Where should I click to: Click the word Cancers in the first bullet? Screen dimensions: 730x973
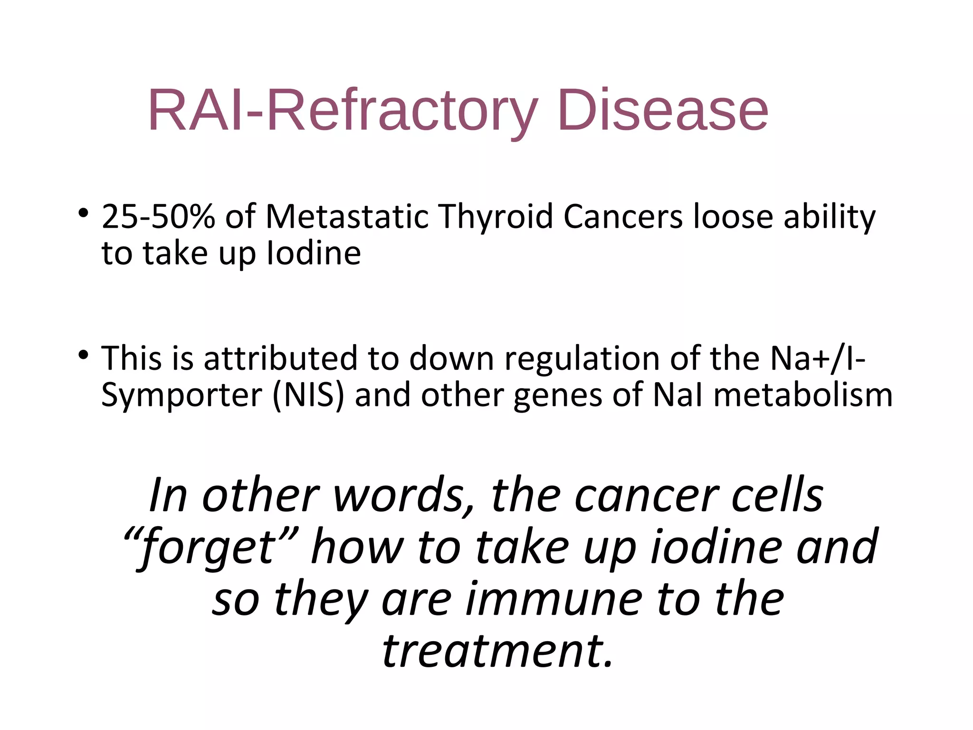pyautogui.click(x=623, y=217)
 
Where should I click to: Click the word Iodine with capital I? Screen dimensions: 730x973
pyautogui.click(x=314, y=253)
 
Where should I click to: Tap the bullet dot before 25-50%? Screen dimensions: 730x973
pyautogui.click(x=84, y=213)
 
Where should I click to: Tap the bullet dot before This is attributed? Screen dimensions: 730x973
pyautogui.click(x=84, y=355)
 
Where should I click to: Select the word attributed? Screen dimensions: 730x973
pyautogui.click(x=280, y=358)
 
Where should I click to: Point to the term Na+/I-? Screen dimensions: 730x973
pyautogui.click(x=817, y=358)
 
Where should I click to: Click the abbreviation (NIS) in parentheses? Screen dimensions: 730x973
pyautogui.click(x=308, y=395)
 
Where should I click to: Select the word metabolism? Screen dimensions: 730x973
pyautogui.click(x=803, y=395)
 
